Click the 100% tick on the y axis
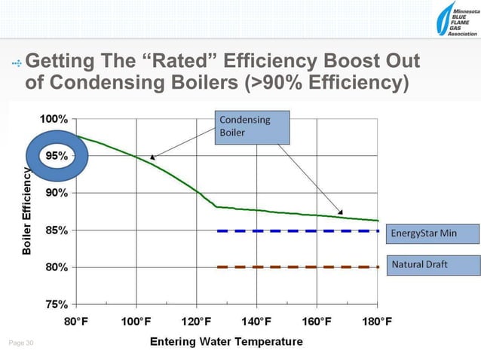click(x=53, y=118)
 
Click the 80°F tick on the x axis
click(x=76, y=322)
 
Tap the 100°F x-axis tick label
click(x=136, y=322)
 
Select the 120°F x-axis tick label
click(x=196, y=322)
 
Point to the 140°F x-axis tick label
click(x=256, y=322)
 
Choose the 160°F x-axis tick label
click(x=317, y=322)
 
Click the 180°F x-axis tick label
click(x=376, y=322)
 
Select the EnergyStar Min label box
click(x=433, y=233)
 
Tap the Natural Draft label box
click(x=433, y=265)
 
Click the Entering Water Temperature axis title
click(x=226, y=341)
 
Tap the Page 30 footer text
click(x=21, y=343)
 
